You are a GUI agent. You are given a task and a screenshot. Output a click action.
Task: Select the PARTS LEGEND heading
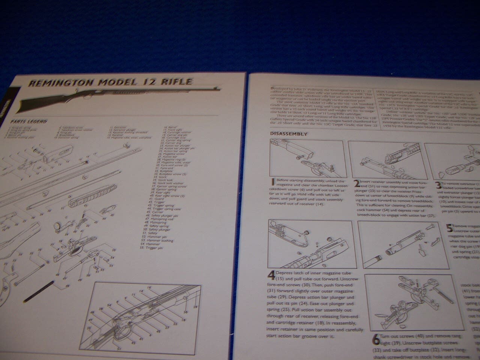coord(28,121)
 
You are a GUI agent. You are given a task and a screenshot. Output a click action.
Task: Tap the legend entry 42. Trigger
coord(153,202)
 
